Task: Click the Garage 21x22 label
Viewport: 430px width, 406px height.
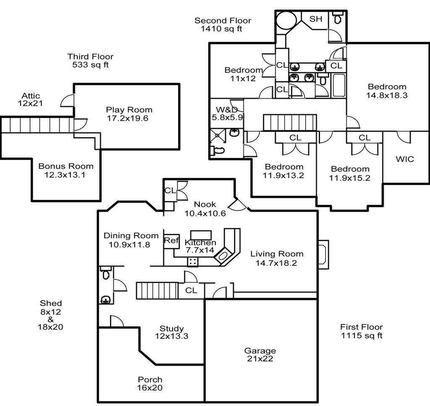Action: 260,354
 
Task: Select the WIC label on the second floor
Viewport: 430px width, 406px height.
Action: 405,159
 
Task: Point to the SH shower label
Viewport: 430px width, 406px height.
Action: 316,19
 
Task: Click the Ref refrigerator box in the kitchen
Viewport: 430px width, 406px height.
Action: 171,241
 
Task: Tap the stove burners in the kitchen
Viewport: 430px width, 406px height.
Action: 192,262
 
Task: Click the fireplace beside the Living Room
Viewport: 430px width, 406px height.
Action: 323,255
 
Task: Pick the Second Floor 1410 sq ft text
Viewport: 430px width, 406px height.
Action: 223,24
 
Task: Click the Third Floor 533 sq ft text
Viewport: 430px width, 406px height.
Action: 90,60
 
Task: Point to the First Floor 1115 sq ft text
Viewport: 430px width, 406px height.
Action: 362,331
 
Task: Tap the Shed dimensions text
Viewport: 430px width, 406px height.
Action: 50,315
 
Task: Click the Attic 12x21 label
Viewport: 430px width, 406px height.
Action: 30,100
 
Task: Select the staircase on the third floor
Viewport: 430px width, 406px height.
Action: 37,125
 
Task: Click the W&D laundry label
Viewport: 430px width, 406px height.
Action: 227,113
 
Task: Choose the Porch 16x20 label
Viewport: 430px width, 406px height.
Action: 150,383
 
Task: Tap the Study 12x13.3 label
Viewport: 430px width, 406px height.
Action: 172,332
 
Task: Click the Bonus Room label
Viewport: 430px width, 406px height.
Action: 66,170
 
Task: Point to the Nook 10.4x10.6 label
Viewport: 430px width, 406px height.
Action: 205,209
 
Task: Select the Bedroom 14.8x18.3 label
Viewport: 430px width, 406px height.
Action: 387,91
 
